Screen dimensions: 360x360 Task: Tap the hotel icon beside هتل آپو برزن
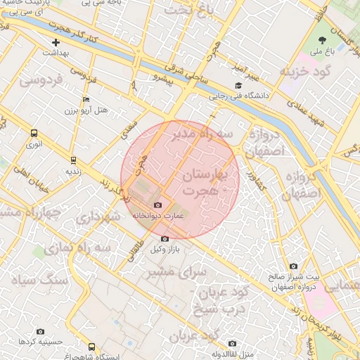pyautogui.click(x=86, y=99)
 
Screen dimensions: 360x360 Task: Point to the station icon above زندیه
pyautogui.click(x=74, y=160)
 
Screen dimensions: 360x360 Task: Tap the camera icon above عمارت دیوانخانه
pyautogui.click(x=157, y=205)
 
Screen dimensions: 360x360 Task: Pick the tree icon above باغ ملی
pyautogui.click(x=323, y=39)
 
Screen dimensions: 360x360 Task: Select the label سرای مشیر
pyautogui.click(x=179, y=271)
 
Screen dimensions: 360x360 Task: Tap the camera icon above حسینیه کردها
pyautogui.click(x=40, y=331)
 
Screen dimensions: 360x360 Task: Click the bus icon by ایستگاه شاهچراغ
pyautogui.click(x=92, y=347)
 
